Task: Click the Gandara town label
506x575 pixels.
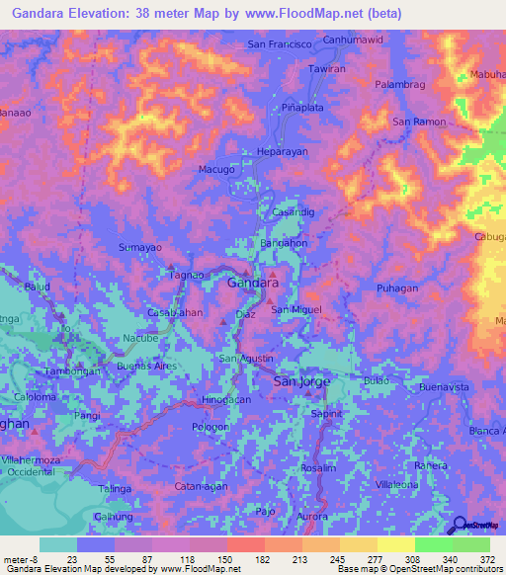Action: coord(252,283)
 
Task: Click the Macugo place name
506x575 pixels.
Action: coord(217,170)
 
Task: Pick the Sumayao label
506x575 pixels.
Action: coord(138,246)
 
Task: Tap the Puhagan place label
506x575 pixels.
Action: coord(398,287)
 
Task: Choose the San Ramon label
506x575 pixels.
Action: coord(416,122)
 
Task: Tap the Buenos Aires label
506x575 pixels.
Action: coord(147,366)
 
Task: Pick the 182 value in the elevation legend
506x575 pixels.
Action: coord(261,558)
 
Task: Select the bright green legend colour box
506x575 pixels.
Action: coord(433,544)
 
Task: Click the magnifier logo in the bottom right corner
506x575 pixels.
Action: coord(458,525)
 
